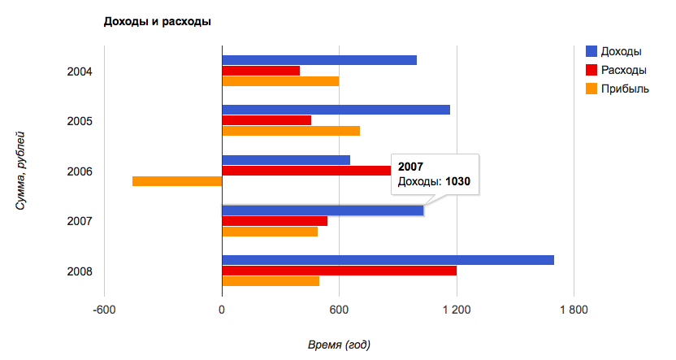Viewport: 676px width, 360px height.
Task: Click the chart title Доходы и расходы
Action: (x=157, y=21)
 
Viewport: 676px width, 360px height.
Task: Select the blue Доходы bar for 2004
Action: (x=318, y=60)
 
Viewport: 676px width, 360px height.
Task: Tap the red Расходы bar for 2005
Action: (x=266, y=120)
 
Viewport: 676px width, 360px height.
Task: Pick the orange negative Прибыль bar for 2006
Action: (x=177, y=180)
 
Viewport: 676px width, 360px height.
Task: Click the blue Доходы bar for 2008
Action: (x=388, y=260)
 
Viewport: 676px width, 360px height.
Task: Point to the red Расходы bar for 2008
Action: (x=339, y=271)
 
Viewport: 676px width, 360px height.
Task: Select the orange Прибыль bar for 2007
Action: (x=270, y=232)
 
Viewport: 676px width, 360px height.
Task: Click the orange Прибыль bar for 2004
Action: (x=280, y=81)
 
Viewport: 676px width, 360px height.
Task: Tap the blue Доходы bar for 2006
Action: (x=286, y=159)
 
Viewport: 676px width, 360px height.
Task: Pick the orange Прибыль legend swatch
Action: (x=593, y=88)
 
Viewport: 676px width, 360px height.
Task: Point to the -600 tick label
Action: (x=104, y=310)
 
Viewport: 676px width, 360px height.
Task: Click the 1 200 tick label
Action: (x=457, y=310)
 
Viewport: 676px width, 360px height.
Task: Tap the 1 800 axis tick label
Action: (x=574, y=310)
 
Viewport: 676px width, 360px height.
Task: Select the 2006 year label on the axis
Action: (x=80, y=171)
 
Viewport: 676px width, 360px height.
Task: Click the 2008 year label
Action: (x=80, y=271)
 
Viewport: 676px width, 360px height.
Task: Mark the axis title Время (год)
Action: (x=339, y=345)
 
